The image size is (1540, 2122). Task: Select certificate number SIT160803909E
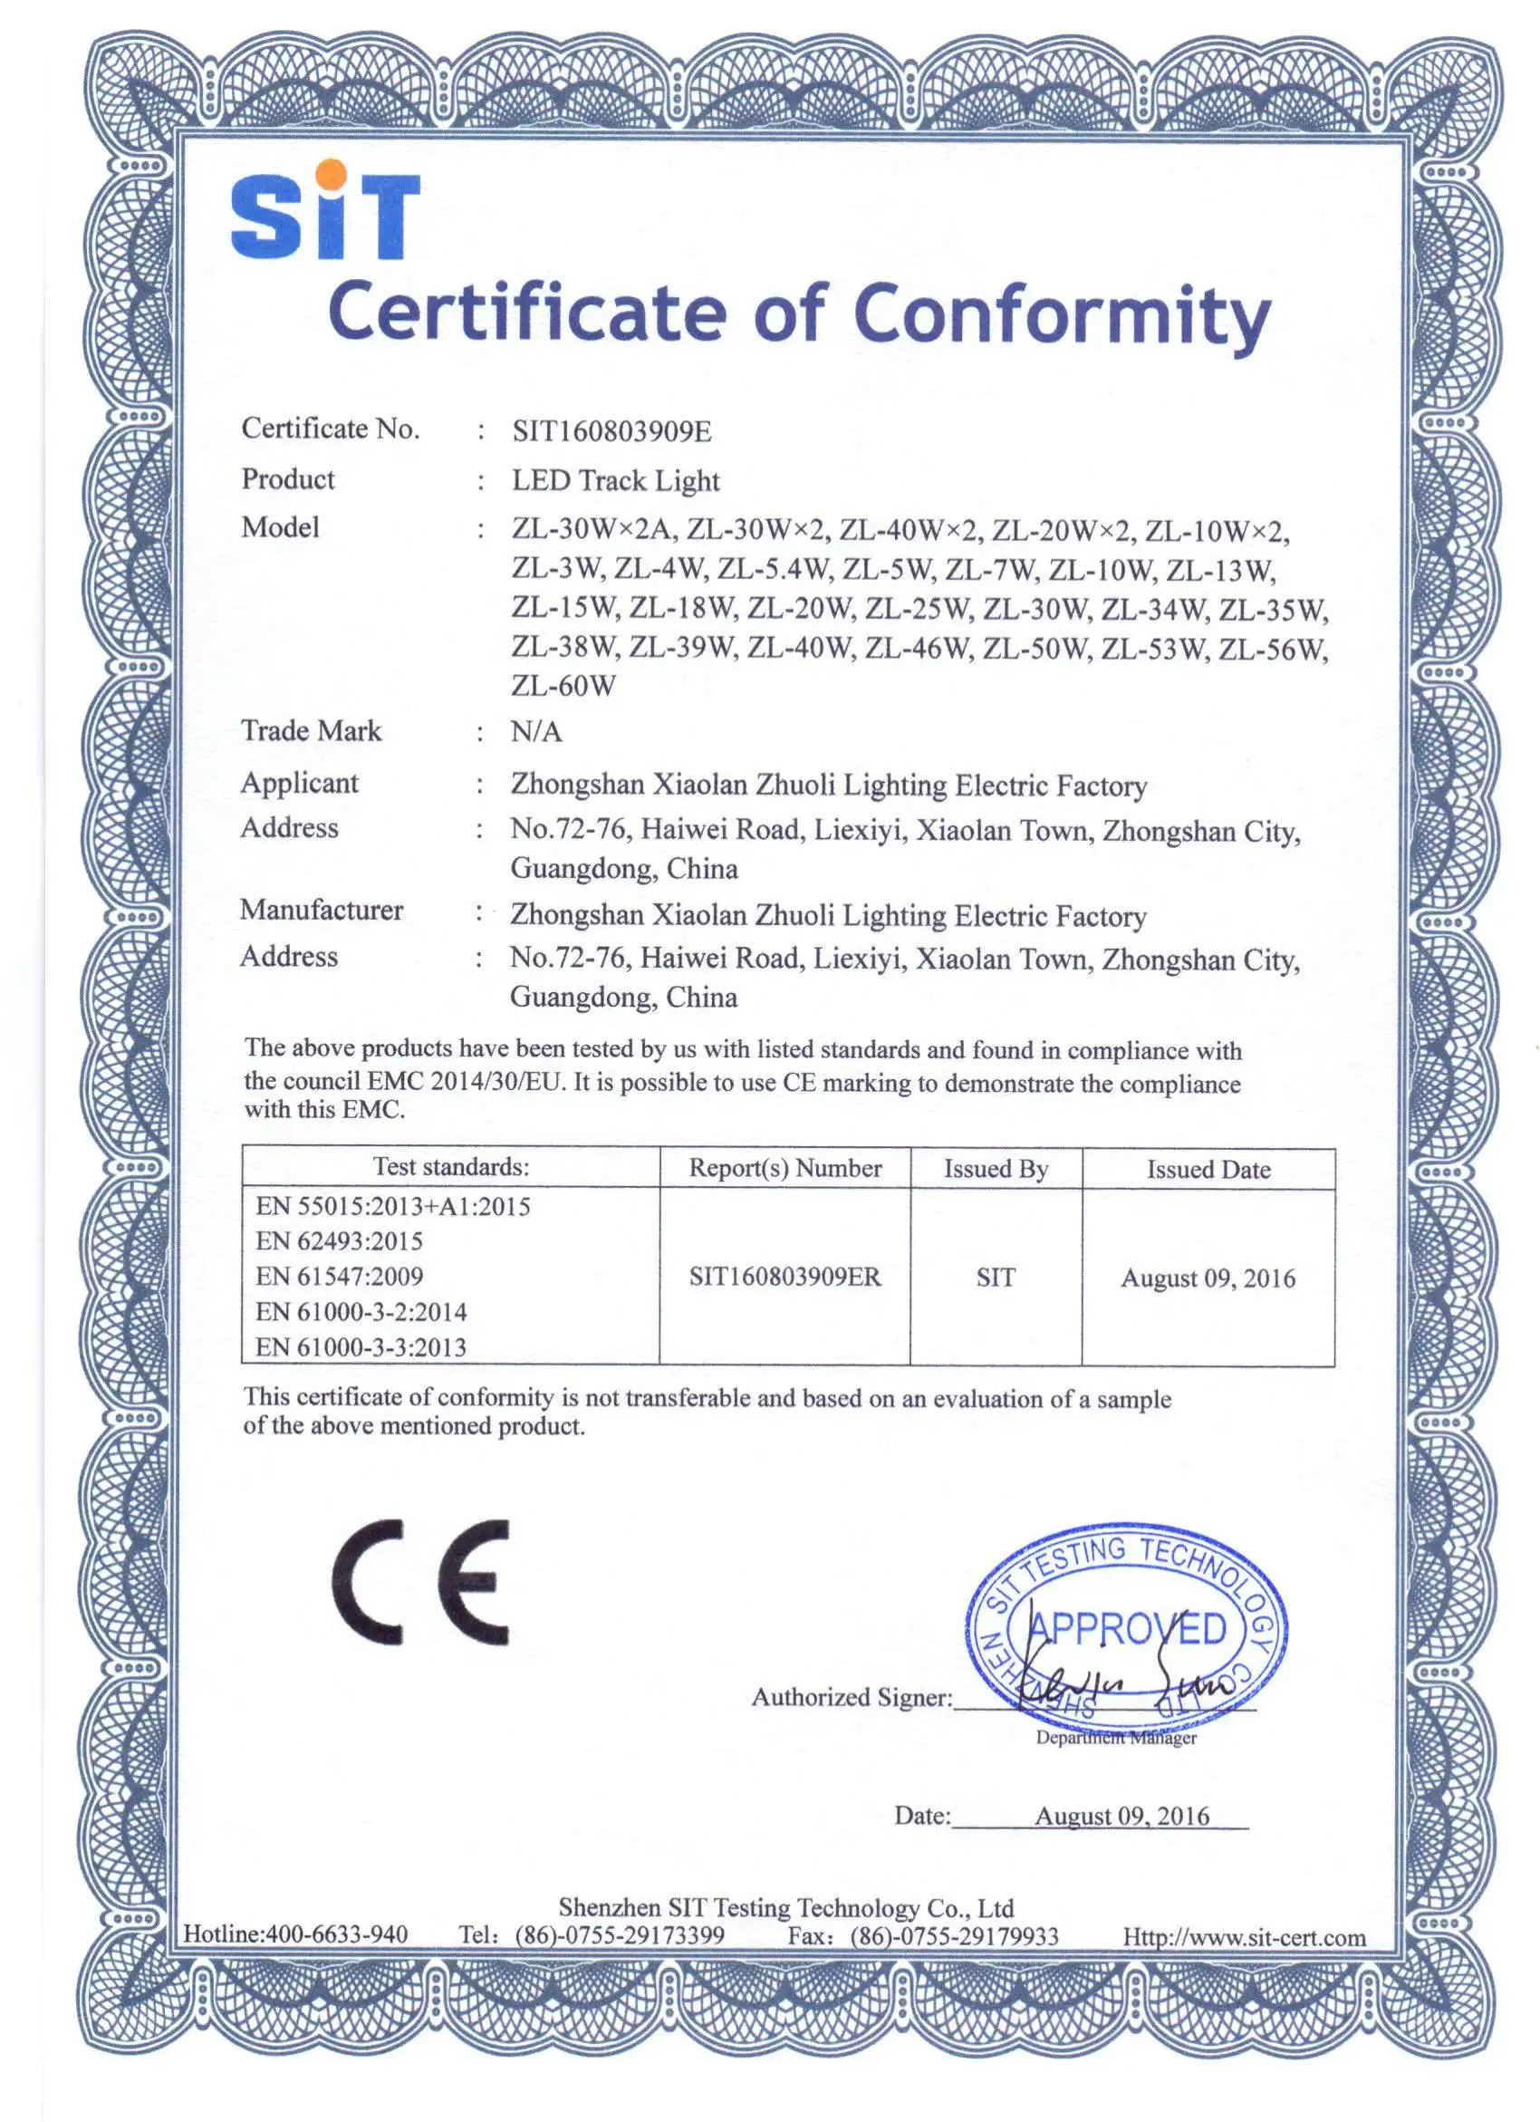611,431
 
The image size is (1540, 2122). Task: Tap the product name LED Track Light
615,481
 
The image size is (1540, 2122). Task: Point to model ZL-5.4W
774,570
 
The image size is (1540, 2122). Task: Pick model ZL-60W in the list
563,686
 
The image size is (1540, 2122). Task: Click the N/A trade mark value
535,732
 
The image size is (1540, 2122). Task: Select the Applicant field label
299,782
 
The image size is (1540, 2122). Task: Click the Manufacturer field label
321,910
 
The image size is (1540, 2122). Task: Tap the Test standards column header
451,1167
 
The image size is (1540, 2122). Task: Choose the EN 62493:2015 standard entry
339,1240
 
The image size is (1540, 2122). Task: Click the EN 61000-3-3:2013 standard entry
361,1347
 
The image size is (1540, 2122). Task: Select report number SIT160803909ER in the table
785,1278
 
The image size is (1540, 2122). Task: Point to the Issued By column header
996,1169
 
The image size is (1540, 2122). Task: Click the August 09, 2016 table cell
1208,1278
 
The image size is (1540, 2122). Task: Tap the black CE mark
421,1582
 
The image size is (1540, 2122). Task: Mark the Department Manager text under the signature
1115,1738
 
